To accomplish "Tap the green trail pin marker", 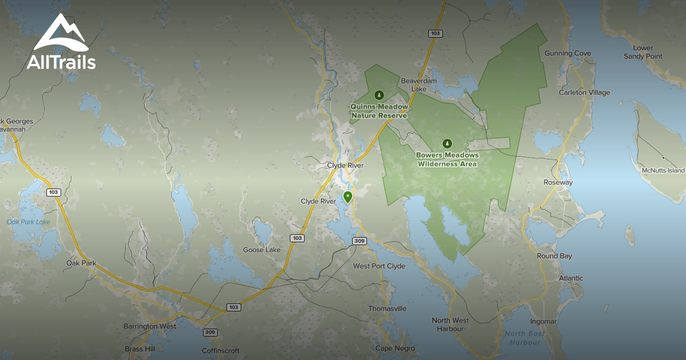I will point(347,198).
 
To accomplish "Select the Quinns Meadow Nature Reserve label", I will point(379,111).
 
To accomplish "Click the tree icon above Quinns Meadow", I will point(378,95).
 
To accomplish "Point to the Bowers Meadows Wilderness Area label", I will point(447,159).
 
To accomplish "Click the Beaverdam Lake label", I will point(418,85).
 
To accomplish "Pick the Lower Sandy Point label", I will point(643,52).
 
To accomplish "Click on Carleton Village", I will point(584,93).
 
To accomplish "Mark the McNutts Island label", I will point(663,170).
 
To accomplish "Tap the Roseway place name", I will point(557,182).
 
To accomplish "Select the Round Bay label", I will point(554,256).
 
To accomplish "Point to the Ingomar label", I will point(543,322).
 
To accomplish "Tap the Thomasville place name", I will point(387,309).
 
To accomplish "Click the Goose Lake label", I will point(261,250).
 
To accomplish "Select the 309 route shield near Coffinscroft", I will point(210,332).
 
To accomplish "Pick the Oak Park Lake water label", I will point(29,222).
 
